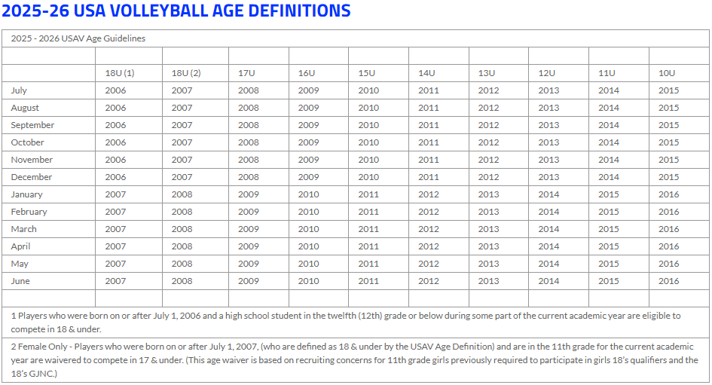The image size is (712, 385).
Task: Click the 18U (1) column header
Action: pyautogui.click(x=119, y=73)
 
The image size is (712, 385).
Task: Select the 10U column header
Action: pyautogui.click(x=667, y=73)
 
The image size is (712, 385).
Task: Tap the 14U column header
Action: pyautogui.click(x=426, y=73)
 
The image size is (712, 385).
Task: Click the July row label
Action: pyautogui.click(x=19, y=90)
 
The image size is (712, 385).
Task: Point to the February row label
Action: pyautogui.click(x=29, y=212)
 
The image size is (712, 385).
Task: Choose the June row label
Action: pyautogui.click(x=20, y=281)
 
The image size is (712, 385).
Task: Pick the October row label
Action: pyautogui.click(x=27, y=142)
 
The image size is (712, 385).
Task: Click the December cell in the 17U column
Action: pyautogui.click(x=248, y=177)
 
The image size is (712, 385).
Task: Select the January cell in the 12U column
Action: pyautogui.click(x=549, y=194)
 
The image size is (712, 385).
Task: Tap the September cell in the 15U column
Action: pyautogui.click(x=368, y=125)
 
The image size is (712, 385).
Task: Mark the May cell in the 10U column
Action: pyautogui.click(x=668, y=264)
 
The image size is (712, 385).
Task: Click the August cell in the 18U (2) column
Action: pyautogui.click(x=182, y=108)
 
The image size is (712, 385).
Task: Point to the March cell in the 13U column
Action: pyautogui.click(x=488, y=229)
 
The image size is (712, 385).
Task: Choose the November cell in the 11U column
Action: pyautogui.click(x=608, y=160)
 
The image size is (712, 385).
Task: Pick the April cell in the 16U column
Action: pyautogui.click(x=308, y=246)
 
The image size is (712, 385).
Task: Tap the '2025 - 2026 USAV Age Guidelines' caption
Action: pyautogui.click(x=78, y=38)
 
